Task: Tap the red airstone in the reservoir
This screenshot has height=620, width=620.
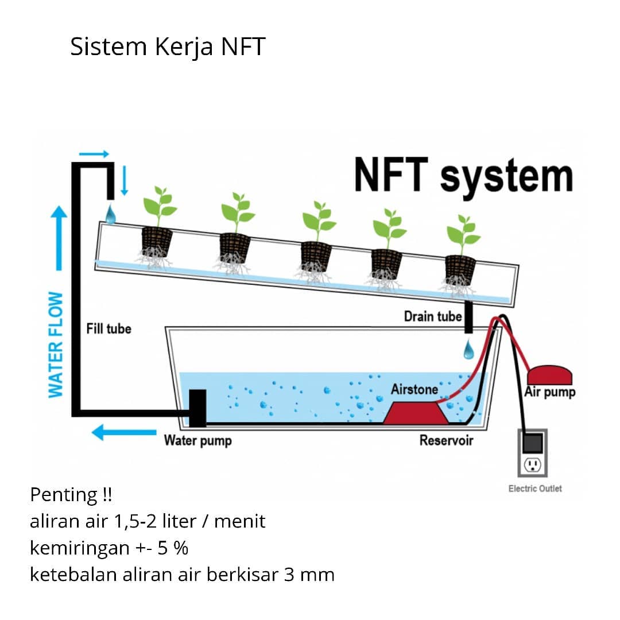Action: pos(416,413)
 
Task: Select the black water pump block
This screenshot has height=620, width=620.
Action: pos(197,408)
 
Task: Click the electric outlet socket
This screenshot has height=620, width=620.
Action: pos(533,464)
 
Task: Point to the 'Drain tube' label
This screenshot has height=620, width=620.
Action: pos(433,316)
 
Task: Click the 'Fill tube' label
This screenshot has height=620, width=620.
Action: pos(108,328)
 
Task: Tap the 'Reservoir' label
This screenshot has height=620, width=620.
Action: pos(446,440)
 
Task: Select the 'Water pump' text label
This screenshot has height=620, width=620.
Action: pos(197,441)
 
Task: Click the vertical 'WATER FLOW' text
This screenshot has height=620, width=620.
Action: pos(56,344)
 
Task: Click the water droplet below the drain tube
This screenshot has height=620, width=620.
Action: pos(468,350)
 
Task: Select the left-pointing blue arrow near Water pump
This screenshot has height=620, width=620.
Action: pos(124,432)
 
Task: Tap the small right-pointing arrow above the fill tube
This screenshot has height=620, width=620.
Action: pos(94,154)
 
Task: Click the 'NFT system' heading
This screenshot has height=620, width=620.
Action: pos(463,175)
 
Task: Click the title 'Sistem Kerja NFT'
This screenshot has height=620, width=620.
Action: pos(168,46)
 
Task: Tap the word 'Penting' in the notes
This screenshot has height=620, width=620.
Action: pos(63,495)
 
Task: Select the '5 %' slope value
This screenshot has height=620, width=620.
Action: pos(173,548)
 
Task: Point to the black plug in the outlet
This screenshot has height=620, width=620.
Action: pos(533,443)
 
